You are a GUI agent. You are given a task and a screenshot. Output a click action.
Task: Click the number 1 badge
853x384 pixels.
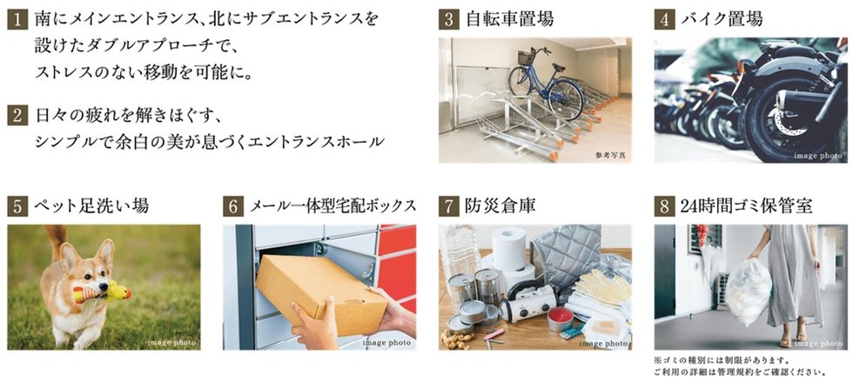point(17,19)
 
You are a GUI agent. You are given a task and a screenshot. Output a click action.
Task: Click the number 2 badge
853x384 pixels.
point(17,116)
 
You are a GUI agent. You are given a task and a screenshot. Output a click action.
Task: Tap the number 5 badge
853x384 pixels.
point(17,206)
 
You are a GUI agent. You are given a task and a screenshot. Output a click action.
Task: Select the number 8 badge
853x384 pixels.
point(664,206)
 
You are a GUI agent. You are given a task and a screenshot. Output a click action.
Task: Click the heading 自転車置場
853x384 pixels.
point(510,19)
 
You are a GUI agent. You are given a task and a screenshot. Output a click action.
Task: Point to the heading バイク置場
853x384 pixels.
point(722,19)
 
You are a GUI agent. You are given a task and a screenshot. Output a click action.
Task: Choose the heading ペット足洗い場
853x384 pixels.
point(91,206)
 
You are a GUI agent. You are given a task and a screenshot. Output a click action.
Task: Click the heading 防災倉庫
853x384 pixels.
point(500,206)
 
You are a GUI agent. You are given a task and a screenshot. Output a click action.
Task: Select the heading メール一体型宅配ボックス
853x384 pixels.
point(332,206)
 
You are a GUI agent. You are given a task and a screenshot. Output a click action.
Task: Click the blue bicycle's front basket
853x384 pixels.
point(526,57)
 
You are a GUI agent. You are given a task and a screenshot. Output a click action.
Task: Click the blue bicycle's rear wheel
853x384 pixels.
point(566,99)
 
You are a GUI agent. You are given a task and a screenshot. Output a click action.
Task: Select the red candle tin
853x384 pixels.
point(561,319)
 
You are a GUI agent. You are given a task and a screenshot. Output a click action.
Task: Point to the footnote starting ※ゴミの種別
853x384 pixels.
point(722,360)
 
